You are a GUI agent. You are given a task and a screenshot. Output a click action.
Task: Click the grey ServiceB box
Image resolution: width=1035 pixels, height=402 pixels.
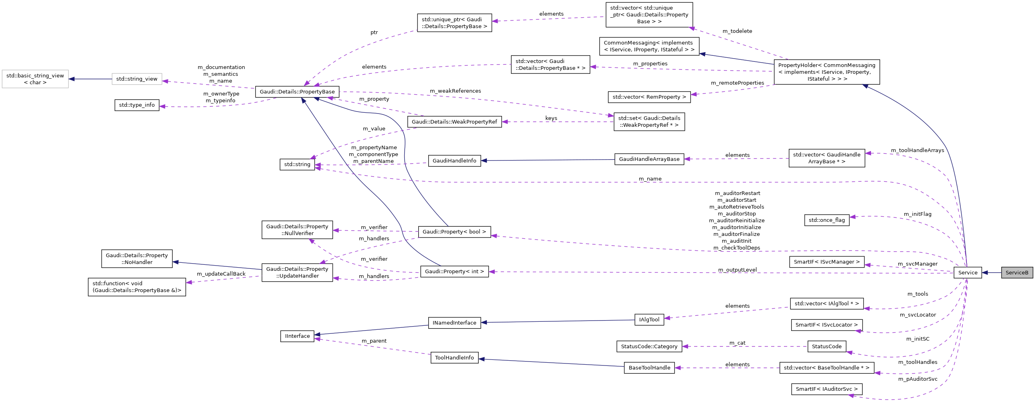(1017, 272)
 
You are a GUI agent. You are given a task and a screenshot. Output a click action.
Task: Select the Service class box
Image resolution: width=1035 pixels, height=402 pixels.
(968, 272)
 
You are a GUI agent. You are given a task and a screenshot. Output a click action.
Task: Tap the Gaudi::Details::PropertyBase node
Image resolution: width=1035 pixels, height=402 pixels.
(297, 91)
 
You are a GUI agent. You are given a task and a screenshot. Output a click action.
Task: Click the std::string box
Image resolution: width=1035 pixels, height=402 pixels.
(297, 164)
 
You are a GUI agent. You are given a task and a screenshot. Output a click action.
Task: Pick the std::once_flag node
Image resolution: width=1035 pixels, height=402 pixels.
(826, 220)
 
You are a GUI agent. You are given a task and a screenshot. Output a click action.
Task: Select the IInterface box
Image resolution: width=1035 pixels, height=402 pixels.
(297, 336)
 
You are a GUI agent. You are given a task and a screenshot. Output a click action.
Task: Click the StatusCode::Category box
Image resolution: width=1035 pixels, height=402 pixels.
(649, 347)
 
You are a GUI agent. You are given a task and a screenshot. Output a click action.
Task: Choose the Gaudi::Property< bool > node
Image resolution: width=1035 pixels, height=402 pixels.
(454, 232)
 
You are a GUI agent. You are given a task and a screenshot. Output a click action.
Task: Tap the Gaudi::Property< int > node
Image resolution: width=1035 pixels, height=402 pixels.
(454, 272)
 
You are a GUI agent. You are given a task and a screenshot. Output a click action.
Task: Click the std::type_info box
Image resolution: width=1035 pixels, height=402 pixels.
(137, 105)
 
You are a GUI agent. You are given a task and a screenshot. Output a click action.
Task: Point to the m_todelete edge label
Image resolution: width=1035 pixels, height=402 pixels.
(737, 31)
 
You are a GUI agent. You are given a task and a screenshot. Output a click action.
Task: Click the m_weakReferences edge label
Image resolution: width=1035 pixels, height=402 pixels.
(455, 91)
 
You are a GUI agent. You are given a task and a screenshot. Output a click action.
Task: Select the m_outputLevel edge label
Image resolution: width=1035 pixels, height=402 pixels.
(737, 270)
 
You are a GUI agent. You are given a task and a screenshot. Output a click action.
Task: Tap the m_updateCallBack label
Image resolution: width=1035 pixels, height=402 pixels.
(221, 274)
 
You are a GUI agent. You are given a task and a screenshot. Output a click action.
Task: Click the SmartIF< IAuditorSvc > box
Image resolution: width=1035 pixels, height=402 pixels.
(826, 389)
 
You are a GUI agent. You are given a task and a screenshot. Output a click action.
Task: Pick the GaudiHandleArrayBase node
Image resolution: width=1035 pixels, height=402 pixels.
(649, 159)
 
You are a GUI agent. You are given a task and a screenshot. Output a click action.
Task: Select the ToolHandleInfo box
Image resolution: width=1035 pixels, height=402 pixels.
(454, 358)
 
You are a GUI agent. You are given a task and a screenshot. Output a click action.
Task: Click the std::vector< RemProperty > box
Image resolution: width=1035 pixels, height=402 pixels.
(649, 97)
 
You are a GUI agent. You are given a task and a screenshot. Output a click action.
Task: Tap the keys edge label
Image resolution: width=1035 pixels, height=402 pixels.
(551, 118)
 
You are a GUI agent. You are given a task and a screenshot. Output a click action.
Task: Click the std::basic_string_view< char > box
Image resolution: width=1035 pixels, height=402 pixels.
(35, 79)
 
